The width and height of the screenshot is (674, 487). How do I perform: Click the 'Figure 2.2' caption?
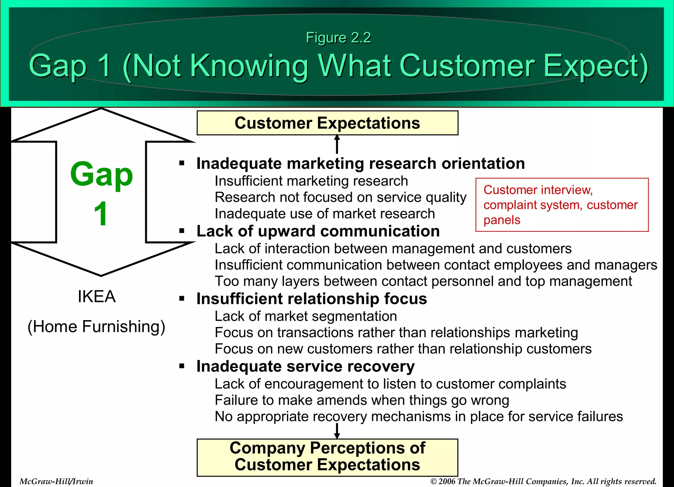tap(338, 38)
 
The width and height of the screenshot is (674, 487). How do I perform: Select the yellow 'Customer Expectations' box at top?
tap(327, 123)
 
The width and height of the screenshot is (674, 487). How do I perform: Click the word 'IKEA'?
tap(96, 296)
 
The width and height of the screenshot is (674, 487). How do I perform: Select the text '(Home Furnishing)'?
tap(96, 326)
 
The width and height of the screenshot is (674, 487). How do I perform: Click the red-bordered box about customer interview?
tap(562, 205)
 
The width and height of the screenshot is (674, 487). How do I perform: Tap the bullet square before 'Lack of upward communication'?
tap(182, 231)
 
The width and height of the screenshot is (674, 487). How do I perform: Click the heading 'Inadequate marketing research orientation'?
tap(360, 164)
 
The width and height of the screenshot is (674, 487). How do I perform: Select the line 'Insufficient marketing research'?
tap(311, 181)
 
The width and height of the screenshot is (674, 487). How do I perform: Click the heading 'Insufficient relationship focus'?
tap(311, 299)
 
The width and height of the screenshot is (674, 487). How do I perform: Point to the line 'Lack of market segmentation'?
tap(305, 316)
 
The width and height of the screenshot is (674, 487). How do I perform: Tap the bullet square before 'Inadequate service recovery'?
tap(182, 366)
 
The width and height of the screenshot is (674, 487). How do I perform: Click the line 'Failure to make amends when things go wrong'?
tap(362, 400)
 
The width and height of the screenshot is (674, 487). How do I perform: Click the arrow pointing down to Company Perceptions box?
tap(337, 431)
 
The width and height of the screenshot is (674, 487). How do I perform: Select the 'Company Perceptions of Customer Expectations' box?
tap(327, 457)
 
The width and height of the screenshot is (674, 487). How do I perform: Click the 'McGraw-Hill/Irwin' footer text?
tap(56, 481)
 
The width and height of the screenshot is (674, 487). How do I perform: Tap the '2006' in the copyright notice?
tap(447, 481)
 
